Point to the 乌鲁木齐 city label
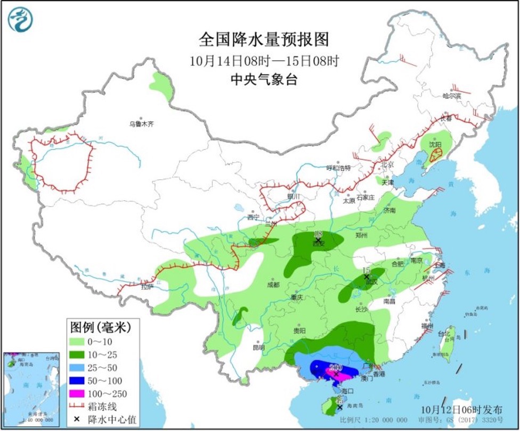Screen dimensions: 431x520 (x=141, y=124)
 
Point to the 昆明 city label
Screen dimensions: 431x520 (x=258, y=347)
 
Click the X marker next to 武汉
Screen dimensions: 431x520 (x=366, y=277)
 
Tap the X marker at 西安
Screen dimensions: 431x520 (x=318, y=241)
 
